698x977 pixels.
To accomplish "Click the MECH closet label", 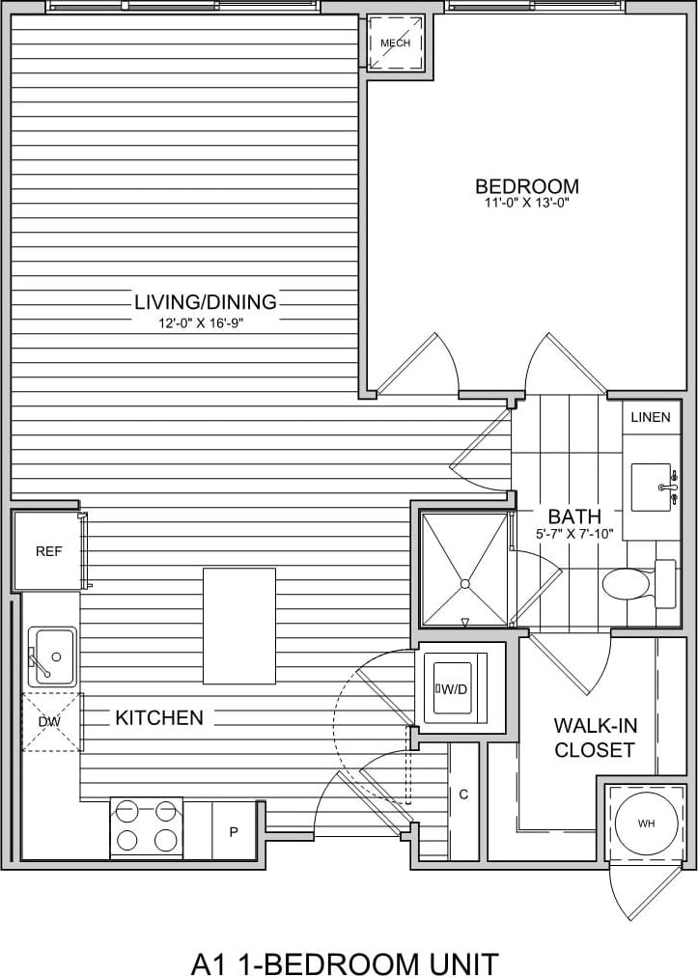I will coord(396,43).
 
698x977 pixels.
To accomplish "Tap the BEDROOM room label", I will coord(527,185).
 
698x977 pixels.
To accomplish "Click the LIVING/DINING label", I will coord(206,302).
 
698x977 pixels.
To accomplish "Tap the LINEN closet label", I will coord(651,417).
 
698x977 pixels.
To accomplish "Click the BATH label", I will coord(574,516).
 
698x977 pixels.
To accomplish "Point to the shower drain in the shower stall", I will coord(464,583).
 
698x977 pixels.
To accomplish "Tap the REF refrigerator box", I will coord(48,551).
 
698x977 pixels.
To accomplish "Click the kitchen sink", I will coord(51,656).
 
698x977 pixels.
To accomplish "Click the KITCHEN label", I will coord(159,717).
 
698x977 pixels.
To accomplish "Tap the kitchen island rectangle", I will coord(238,626).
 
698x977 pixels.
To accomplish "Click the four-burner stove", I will coord(147,826).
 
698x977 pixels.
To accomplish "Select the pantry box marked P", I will coord(234,830).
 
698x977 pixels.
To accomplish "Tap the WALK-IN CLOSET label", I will coord(595,738).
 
